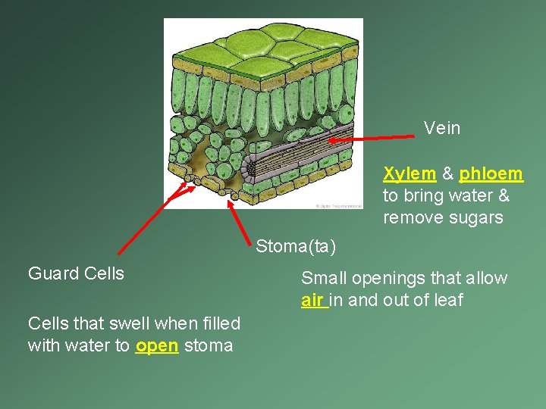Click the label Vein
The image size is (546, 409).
[x=442, y=128]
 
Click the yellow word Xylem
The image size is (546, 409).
[x=409, y=174]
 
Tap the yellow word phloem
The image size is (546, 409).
[x=491, y=174]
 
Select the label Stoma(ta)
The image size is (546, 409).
[x=295, y=246]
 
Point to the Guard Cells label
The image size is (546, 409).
[x=76, y=273]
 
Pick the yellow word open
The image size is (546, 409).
[x=157, y=346]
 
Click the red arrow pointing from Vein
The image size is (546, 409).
[x=372, y=138]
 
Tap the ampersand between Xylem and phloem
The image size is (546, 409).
[x=447, y=174]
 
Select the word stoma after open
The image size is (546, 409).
[x=209, y=346]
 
